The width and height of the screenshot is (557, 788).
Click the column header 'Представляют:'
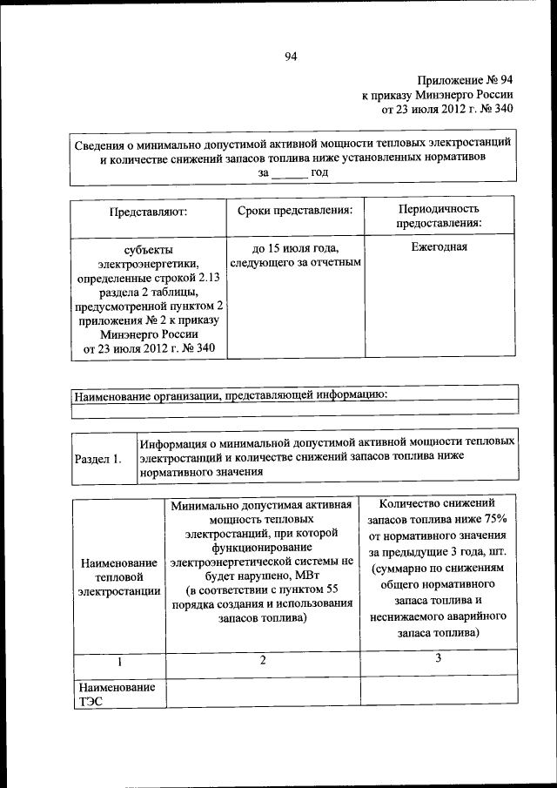coord(148,211)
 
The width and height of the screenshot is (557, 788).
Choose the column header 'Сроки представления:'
coord(294,210)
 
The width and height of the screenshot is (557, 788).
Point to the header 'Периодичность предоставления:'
coord(439,216)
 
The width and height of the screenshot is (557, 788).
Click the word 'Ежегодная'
coord(439,246)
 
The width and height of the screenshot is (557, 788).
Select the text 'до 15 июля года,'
coord(294,247)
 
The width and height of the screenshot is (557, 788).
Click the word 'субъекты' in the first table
coord(148,248)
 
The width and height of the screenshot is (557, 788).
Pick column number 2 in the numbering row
coord(262,661)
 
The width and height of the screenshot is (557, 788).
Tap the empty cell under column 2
coord(262,693)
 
